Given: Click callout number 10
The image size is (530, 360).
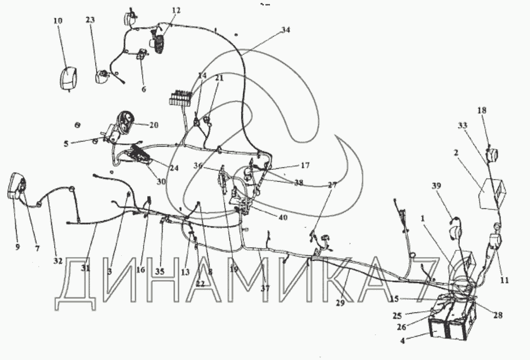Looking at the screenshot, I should [x=58, y=21].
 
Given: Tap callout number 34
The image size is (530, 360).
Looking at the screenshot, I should [x=285, y=30].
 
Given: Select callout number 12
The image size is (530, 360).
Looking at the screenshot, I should [x=176, y=10].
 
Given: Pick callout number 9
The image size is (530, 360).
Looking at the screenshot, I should [x=16, y=247].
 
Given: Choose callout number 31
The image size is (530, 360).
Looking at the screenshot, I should [x=86, y=268].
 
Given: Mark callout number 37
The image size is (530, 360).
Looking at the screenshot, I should [x=264, y=288].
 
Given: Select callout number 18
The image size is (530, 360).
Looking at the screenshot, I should [x=481, y=110].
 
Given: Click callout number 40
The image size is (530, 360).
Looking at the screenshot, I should [x=283, y=217].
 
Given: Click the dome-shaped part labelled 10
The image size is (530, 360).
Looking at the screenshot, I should [x=67, y=77].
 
